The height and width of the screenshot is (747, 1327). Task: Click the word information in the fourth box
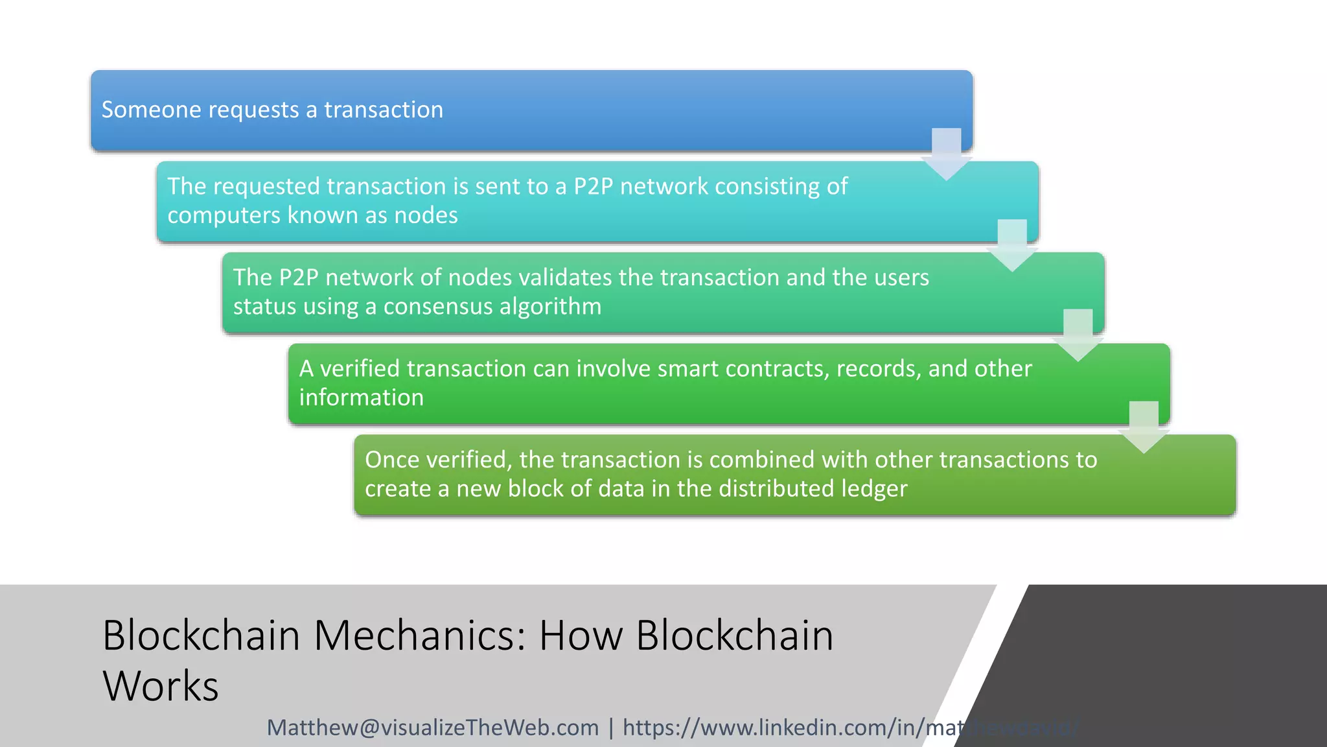[x=362, y=397]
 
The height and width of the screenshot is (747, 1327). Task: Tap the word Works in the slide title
[x=161, y=687]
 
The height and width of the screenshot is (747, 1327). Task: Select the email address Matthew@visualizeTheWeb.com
[x=433, y=728]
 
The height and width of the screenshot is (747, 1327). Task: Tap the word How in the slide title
[x=581, y=635]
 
